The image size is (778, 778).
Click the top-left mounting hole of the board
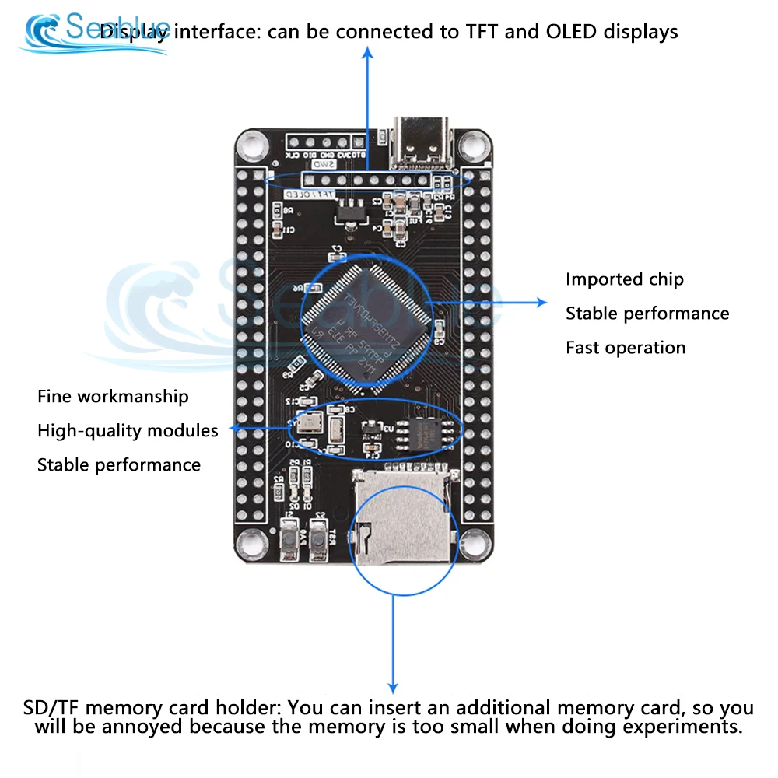252,145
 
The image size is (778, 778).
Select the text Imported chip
624,279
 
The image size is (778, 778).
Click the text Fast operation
626,348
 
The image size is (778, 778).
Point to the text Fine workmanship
113,397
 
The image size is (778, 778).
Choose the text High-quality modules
128,431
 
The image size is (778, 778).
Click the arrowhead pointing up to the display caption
369,52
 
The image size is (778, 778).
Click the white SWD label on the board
323,165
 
